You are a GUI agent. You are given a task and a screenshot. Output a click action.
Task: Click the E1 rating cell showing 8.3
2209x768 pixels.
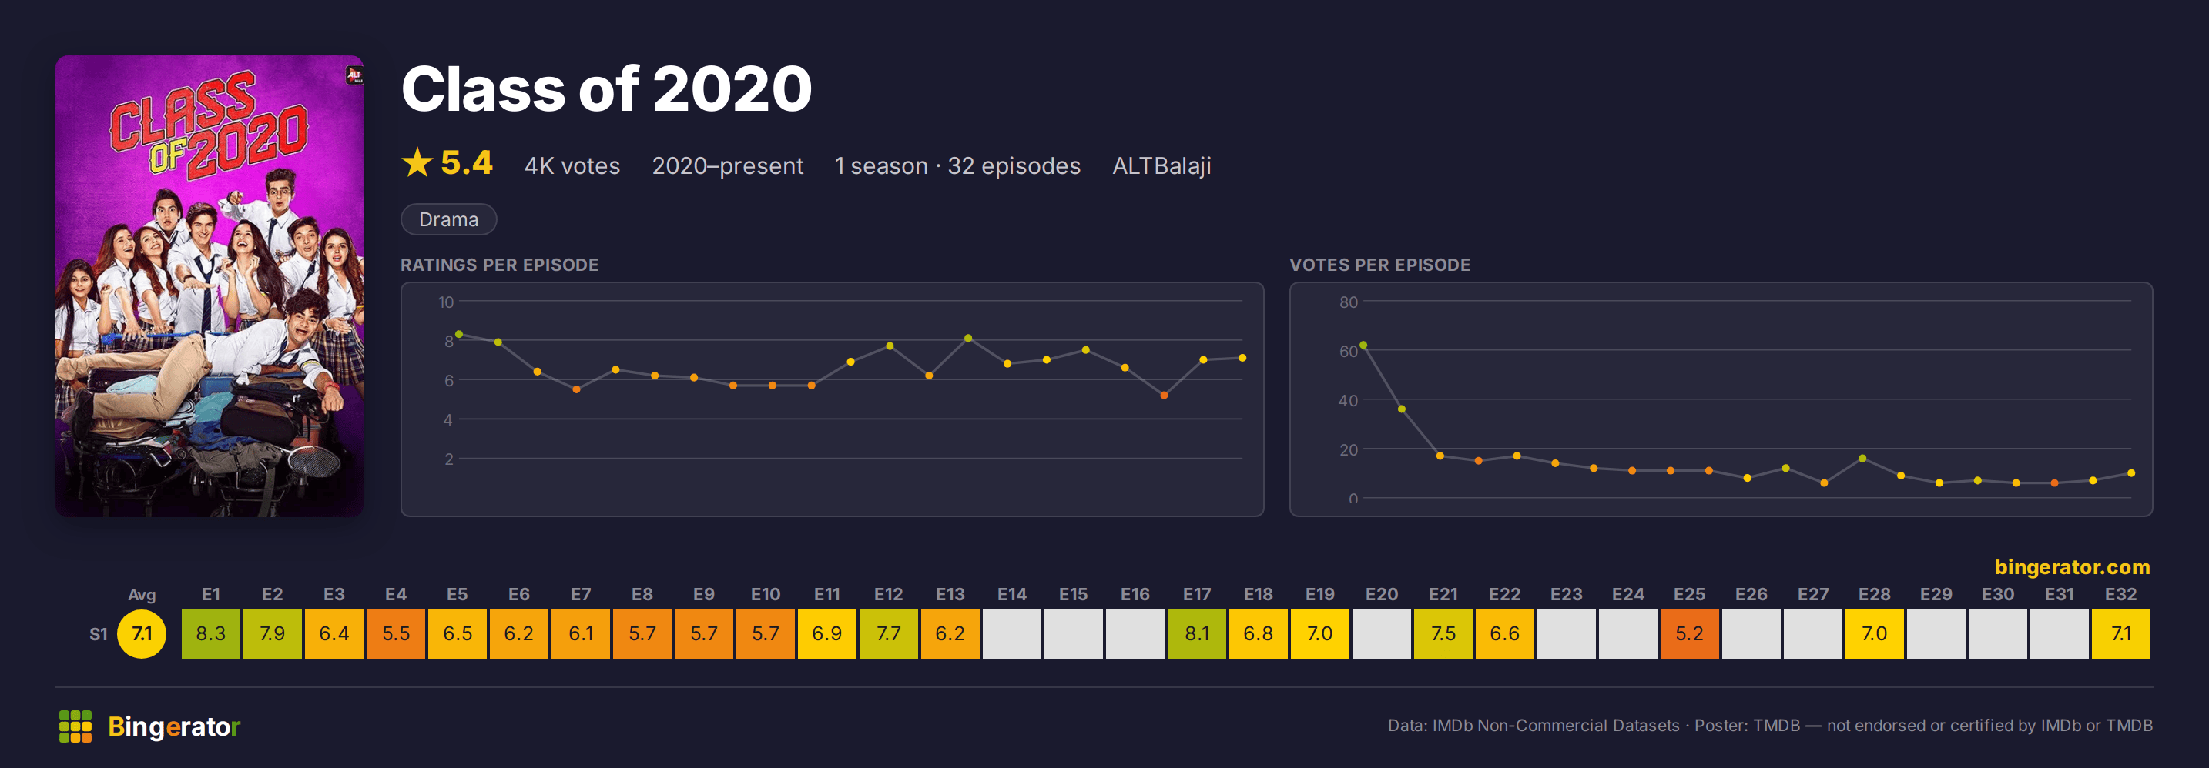click(211, 633)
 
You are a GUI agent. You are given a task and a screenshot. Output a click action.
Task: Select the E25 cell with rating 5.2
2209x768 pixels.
click(1689, 633)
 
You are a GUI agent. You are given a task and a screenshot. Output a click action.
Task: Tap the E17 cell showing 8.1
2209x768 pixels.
click(1196, 633)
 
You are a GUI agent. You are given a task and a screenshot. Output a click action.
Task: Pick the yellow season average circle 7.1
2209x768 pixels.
click(142, 633)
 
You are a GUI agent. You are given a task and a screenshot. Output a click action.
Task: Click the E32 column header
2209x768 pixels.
click(2120, 594)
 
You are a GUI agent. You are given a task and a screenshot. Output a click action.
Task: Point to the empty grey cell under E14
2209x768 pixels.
click(1012, 633)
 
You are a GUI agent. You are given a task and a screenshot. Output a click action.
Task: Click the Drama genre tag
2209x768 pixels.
click(448, 219)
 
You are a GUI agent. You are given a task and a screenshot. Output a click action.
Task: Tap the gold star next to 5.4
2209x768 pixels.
click(417, 162)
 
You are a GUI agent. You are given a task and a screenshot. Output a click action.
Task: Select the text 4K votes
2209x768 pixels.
click(572, 165)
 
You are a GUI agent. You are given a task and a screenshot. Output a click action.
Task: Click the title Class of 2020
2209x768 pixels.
click(606, 89)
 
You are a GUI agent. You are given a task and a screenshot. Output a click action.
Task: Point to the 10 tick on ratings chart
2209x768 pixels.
click(446, 302)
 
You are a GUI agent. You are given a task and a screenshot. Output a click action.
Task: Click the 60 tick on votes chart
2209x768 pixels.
click(1348, 352)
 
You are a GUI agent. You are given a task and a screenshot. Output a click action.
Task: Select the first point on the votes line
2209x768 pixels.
click(1363, 346)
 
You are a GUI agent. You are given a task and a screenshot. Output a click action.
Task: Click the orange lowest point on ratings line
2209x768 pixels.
click(1164, 395)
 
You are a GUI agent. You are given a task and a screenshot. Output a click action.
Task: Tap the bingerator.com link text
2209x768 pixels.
click(2072, 566)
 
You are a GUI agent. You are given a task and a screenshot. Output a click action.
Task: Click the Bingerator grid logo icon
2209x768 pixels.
click(75, 726)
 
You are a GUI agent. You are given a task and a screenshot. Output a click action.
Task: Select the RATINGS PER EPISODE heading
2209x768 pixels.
click(499, 265)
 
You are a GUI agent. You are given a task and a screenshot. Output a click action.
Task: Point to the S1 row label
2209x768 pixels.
click(99, 634)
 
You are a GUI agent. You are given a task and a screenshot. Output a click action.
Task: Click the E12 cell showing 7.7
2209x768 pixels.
click(888, 633)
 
